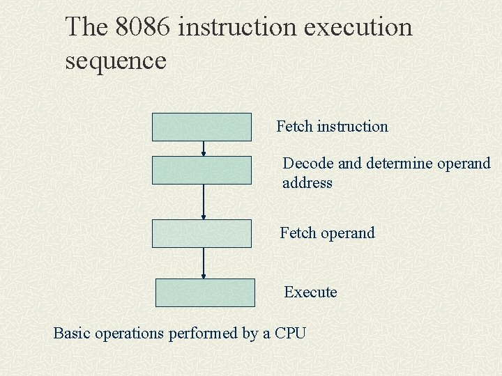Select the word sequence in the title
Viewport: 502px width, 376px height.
pos(116,61)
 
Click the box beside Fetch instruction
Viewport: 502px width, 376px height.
pos(202,127)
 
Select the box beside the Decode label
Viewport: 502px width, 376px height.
pos(202,170)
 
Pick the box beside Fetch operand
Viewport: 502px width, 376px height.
pos(202,233)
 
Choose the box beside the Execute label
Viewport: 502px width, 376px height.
pos(205,292)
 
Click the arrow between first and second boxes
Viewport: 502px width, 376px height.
pos(204,148)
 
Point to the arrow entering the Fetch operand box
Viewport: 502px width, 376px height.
pos(204,202)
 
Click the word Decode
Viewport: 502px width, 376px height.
pos(308,164)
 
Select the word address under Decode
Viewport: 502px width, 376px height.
pos(307,183)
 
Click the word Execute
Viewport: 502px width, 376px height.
pos(310,292)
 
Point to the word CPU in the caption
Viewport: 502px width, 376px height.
pos(290,333)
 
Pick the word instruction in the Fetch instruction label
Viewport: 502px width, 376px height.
pos(352,127)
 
